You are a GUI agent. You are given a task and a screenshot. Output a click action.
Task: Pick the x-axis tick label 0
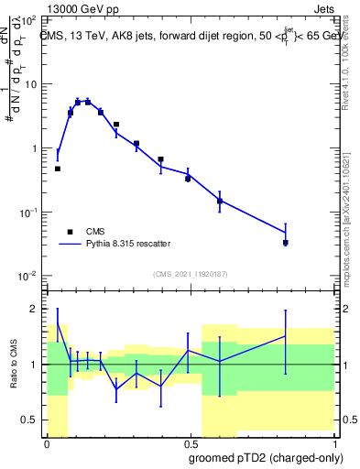pos(47,442)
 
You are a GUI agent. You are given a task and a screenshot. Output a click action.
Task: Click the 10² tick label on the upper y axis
pos(28,19)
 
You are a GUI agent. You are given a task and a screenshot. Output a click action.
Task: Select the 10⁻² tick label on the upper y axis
pos(28,276)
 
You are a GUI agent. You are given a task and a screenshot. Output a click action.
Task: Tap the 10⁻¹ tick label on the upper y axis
pos(28,212)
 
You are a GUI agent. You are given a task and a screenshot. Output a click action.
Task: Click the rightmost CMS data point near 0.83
pos(286,243)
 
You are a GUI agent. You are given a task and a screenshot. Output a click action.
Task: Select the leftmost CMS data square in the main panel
pos(58,169)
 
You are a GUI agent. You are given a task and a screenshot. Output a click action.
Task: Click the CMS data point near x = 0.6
pos(220,201)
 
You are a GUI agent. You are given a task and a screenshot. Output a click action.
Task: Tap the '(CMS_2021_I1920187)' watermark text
pos(189,273)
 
